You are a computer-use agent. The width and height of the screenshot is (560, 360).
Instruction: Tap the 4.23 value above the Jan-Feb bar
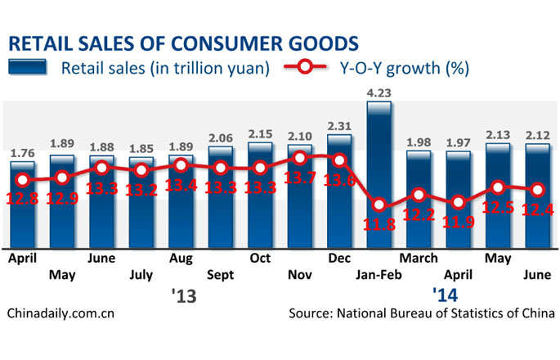pos(380,92)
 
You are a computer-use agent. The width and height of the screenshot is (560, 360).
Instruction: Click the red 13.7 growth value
pos(300,178)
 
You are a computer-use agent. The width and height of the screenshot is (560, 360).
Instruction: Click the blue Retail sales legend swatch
pos(29,67)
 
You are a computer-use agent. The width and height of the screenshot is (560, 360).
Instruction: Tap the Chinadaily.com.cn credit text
pos(60,313)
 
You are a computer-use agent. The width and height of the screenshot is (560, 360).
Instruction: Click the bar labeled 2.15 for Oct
pos(260,196)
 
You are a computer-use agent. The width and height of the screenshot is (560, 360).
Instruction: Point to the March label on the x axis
pos(419,259)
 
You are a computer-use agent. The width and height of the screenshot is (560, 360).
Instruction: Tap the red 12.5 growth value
pos(500,208)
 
